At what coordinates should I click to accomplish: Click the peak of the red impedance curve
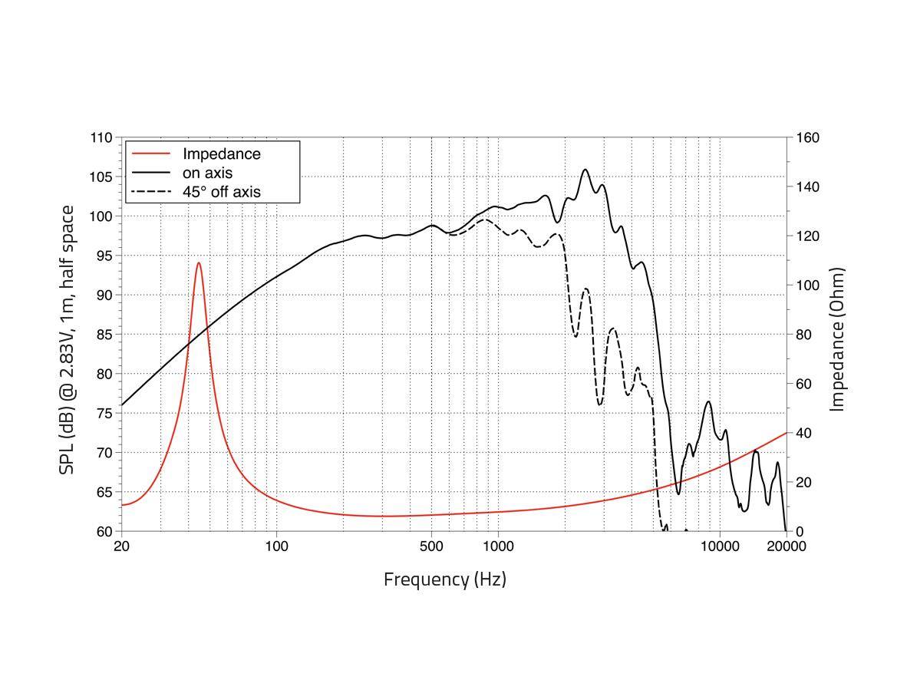point(199,263)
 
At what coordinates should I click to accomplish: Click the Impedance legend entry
point(221,154)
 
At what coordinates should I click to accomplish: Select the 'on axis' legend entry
point(207,173)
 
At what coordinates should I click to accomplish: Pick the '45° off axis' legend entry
point(221,192)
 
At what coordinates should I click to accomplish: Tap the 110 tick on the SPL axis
point(101,138)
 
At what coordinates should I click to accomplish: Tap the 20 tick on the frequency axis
point(121,546)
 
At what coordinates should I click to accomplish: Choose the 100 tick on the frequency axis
point(276,546)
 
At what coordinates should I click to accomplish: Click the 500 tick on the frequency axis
point(431,546)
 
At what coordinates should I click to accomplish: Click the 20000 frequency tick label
point(786,546)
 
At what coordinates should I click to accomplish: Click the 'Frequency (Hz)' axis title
point(445,579)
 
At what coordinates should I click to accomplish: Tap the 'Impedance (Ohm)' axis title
point(837,339)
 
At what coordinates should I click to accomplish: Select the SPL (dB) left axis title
point(68,339)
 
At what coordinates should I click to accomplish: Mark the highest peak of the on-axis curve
point(585,170)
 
